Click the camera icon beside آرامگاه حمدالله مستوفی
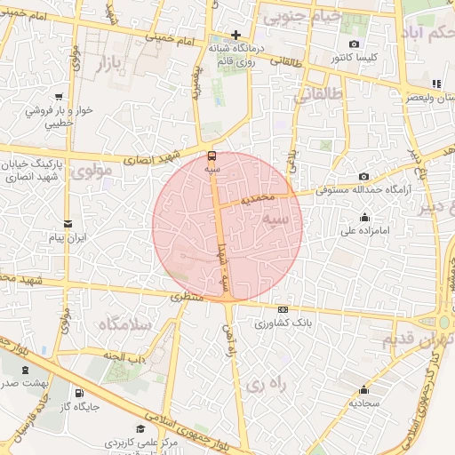point(364,177)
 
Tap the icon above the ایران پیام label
point(68,224)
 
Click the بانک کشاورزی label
point(280,323)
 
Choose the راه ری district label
point(265,384)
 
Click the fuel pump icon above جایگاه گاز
point(79,393)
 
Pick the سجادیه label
point(364,403)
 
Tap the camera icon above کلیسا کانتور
point(355,44)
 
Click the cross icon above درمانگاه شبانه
point(235,35)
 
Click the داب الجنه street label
point(127,358)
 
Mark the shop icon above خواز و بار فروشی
point(59,96)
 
